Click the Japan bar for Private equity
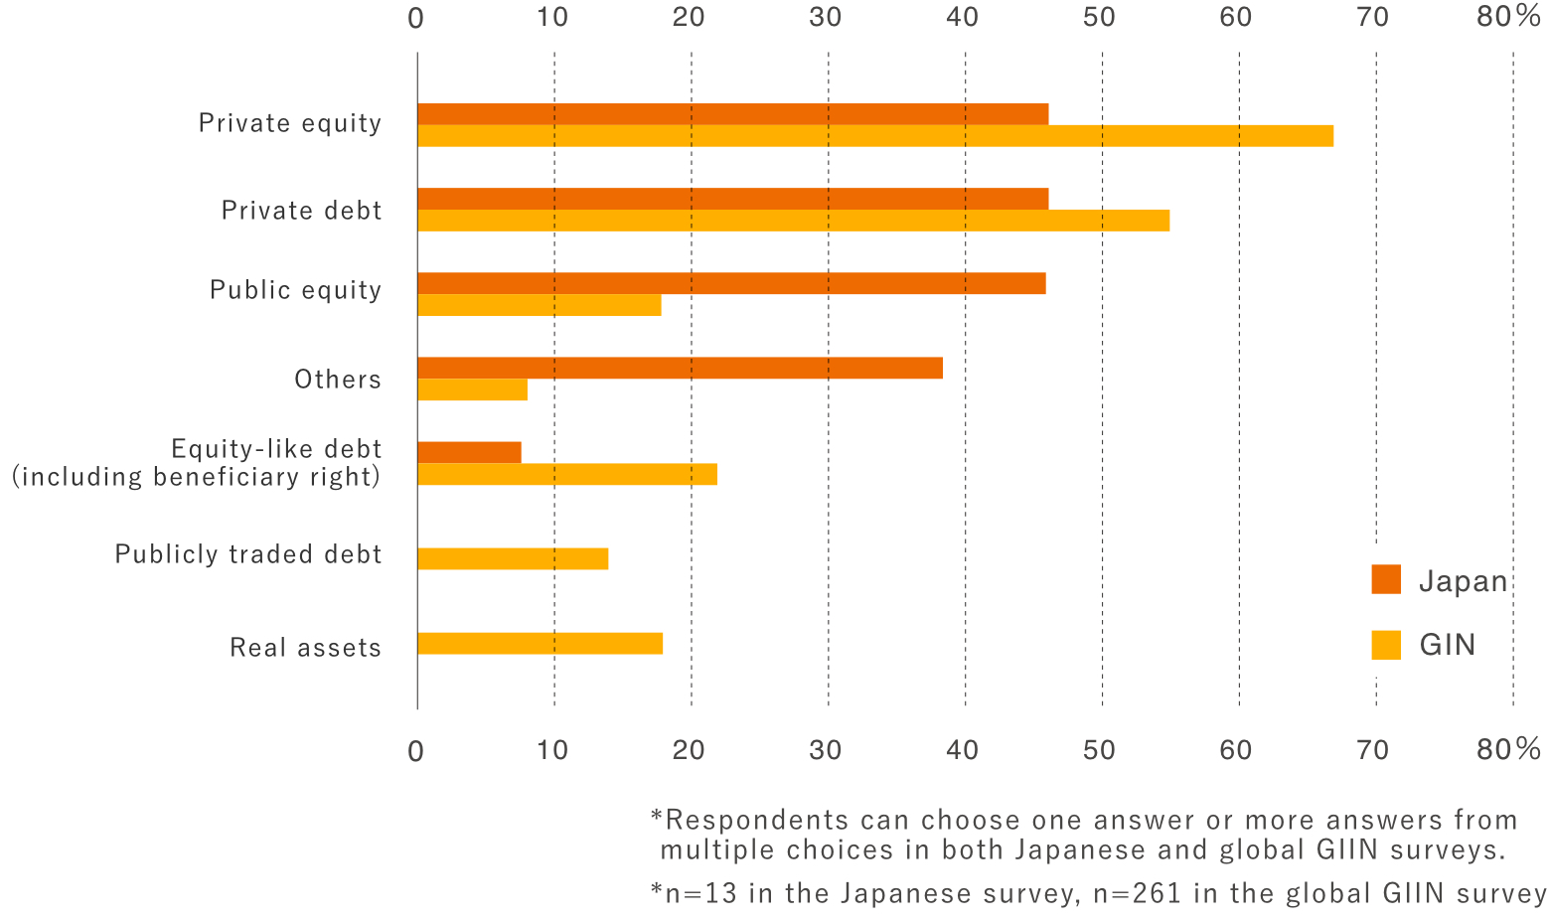732,114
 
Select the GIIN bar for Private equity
874,136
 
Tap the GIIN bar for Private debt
793,221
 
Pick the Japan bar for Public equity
731,283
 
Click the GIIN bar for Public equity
539,305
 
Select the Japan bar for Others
680,368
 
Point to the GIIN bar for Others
472,389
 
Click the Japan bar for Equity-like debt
469,452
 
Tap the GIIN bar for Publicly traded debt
513,558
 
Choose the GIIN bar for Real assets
540,643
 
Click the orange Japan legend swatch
1386,580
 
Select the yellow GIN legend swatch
1386,645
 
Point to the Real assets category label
305,648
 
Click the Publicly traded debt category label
248,554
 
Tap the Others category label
338,380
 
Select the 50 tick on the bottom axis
1100,750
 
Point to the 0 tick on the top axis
416,18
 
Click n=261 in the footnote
1138,893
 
